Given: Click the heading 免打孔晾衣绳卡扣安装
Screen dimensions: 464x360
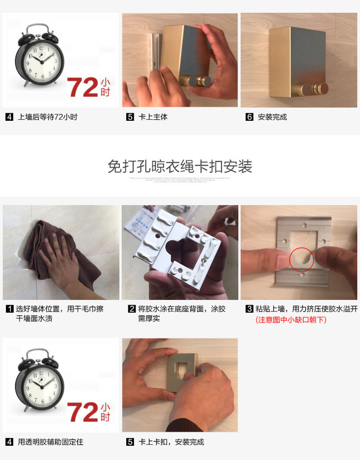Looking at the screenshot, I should [180, 167].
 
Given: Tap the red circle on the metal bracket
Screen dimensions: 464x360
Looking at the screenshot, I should [301, 259].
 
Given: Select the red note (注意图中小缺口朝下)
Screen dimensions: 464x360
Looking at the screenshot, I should [291, 320].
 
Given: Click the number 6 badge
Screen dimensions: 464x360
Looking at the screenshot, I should [250, 117].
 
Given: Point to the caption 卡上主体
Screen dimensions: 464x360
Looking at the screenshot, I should [153, 117].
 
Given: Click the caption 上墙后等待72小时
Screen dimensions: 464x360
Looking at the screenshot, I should [47, 117].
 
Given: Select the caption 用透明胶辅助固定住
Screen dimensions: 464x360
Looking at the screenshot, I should [50, 442].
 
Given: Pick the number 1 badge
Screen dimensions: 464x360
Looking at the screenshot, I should [9, 309].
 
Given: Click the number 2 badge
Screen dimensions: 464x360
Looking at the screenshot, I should [132, 309].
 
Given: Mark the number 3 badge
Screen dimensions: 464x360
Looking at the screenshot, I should [250, 309].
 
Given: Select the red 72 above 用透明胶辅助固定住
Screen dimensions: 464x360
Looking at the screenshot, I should [82, 412].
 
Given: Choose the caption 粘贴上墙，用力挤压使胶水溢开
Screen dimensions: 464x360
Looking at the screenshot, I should [306, 309].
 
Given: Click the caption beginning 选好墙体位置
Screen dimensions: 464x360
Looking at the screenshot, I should [60, 314].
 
